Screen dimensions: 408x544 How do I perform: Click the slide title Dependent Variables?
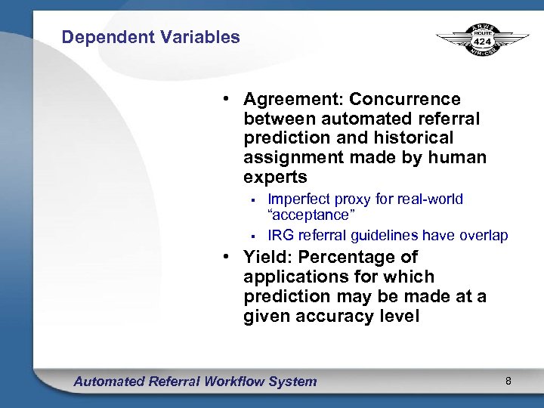(x=150, y=37)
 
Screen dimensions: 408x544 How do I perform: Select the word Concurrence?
(x=405, y=100)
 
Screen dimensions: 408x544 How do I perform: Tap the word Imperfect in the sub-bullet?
(x=301, y=199)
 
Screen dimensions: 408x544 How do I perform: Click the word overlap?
(x=484, y=236)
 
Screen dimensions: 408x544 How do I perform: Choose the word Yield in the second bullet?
(x=265, y=258)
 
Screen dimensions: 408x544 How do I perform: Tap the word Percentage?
(x=345, y=258)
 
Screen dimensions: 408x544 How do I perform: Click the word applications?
(x=296, y=277)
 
